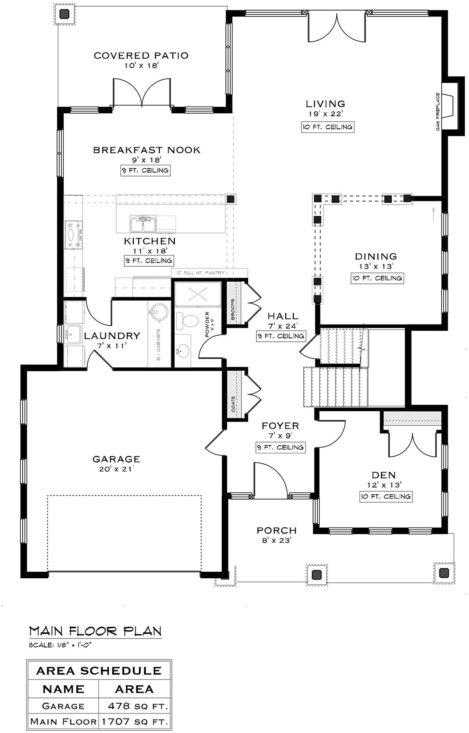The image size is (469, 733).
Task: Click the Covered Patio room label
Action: [x=141, y=55]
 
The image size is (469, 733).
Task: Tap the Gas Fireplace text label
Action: [x=438, y=112]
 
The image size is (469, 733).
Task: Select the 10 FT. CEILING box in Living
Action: [x=328, y=127]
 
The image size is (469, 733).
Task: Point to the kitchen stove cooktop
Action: [x=74, y=234]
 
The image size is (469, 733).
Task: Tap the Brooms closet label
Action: [x=233, y=309]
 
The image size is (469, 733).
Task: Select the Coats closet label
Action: [x=233, y=404]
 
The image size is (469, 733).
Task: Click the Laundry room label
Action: [x=112, y=335]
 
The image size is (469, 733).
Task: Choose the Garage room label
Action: [x=116, y=459]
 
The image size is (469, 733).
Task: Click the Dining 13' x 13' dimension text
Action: [x=376, y=266]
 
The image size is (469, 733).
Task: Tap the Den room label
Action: [x=384, y=475]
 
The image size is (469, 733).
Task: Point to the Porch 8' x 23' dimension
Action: [x=277, y=540]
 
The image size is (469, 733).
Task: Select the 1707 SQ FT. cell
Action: [x=134, y=722]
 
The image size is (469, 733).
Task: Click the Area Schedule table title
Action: [x=99, y=671]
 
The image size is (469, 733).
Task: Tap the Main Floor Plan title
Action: [x=95, y=631]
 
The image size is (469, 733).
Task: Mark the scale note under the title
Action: [x=61, y=645]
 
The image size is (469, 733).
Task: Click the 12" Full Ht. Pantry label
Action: [x=200, y=273]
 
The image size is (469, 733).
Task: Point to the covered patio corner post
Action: [x=64, y=14]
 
